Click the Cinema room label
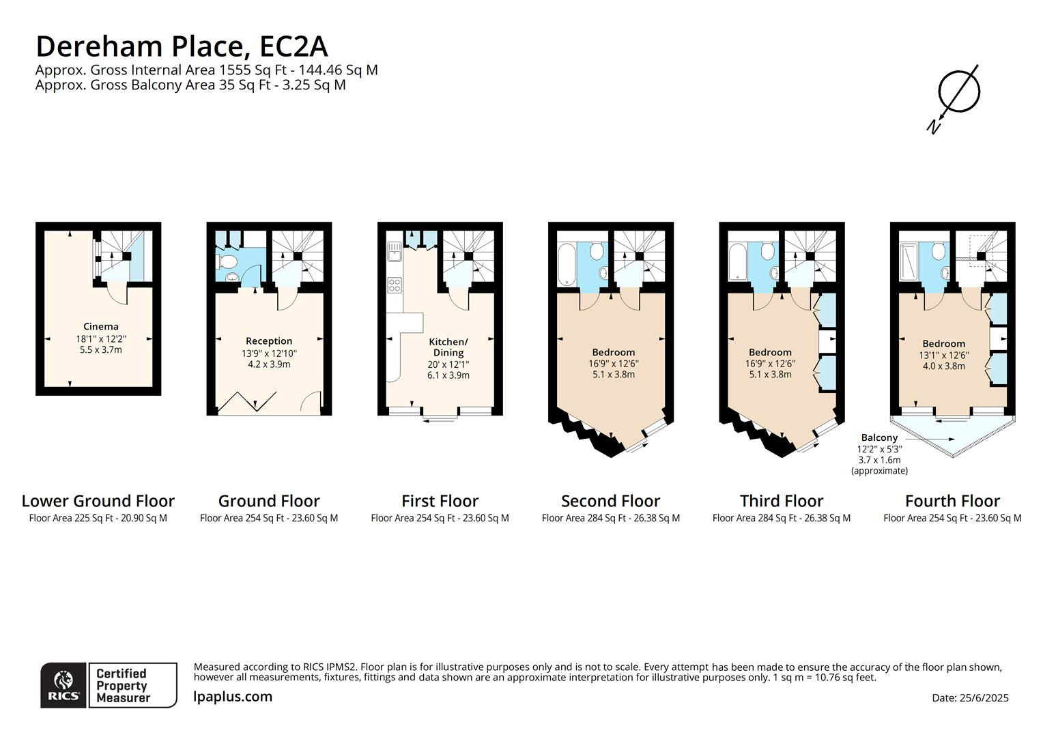click(100, 327)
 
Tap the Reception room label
click(269, 341)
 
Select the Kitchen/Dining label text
click(448, 347)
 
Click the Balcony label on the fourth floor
click(879, 438)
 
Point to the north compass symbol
click(957, 96)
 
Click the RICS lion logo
click(63, 684)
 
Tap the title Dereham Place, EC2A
click(182, 46)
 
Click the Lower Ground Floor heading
click(98, 501)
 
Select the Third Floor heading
click(782, 501)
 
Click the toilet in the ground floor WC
click(226, 262)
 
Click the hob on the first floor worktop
click(395, 285)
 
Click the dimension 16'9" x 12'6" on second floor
click(614, 364)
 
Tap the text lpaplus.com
click(233, 697)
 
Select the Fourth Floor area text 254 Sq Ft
click(952, 518)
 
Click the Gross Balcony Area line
click(190, 85)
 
